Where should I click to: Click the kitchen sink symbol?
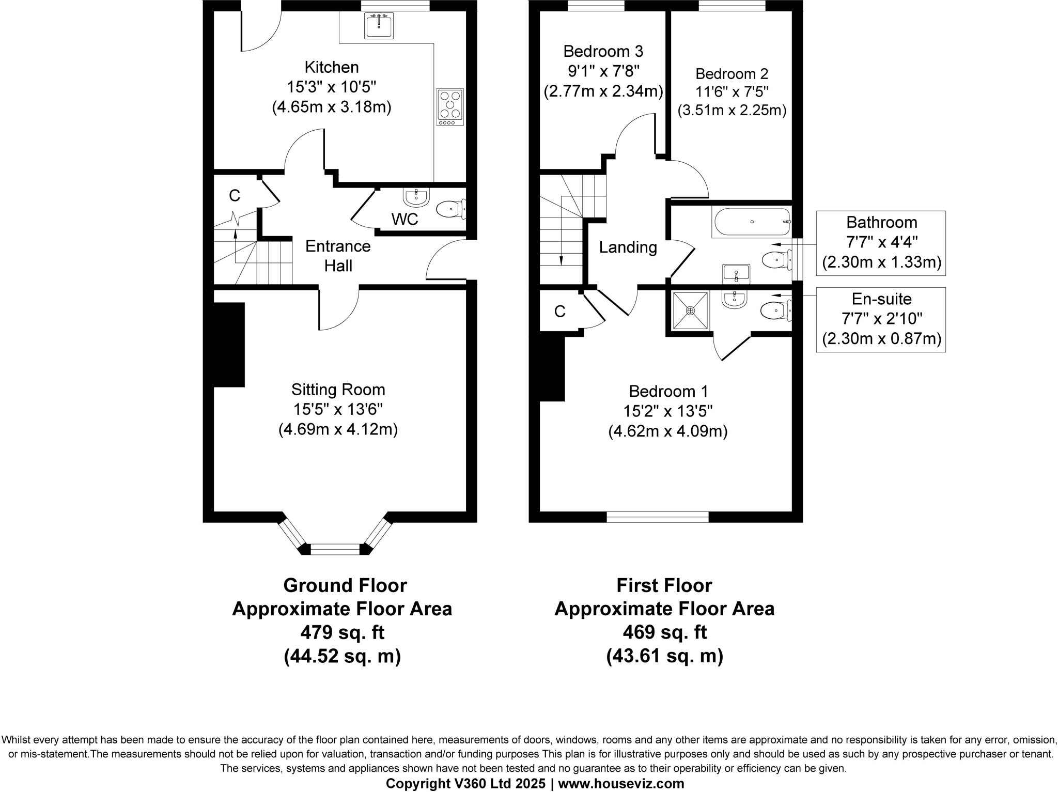coord(379,26)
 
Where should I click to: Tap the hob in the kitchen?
coord(450,107)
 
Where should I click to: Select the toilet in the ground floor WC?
coord(450,209)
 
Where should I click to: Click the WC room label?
coord(404,220)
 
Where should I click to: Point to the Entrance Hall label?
coord(338,256)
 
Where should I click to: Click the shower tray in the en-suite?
coord(691,310)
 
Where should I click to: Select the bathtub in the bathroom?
coord(752,222)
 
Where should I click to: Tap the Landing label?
coord(628,247)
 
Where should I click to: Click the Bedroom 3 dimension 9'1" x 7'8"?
coord(603,71)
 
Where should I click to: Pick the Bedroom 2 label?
coord(732,74)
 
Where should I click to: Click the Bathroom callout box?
coord(881,243)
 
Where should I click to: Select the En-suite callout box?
coord(881,320)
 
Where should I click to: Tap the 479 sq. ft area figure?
coord(342,632)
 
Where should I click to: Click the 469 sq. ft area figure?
coord(664,632)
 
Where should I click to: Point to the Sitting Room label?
coord(338,390)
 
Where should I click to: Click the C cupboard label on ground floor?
coord(235,196)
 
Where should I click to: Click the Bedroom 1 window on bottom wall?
coord(658,517)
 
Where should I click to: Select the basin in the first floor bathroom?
coord(736,272)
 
